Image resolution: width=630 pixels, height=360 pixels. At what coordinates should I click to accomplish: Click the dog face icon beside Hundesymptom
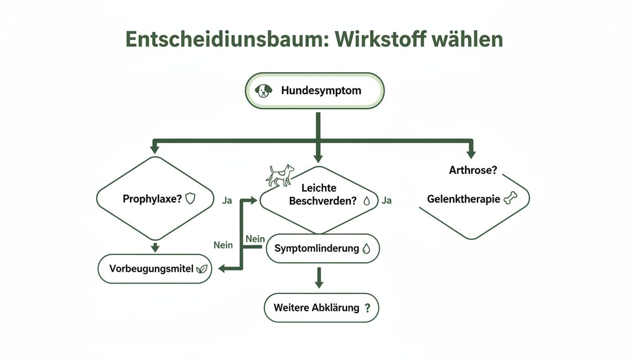264,90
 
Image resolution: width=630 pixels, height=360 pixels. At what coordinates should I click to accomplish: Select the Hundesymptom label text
321,90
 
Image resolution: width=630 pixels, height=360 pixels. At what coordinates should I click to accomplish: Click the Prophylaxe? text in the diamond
152,199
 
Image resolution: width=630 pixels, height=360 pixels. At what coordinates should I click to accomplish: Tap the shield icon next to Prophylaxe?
190,199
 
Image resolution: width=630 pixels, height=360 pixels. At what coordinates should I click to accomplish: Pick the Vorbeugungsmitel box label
151,269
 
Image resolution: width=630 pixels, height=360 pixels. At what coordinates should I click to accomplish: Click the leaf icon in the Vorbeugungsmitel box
202,269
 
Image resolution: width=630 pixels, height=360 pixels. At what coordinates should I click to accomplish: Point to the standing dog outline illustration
280,175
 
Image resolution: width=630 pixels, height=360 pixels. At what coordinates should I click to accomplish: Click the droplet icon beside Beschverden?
367,201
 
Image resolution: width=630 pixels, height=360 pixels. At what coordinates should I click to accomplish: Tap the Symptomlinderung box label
316,248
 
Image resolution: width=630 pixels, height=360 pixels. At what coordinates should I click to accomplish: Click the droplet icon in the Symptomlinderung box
367,249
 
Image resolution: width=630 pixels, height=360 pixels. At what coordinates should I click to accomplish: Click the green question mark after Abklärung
367,308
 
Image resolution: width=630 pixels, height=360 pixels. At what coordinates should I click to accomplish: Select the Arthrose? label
472,170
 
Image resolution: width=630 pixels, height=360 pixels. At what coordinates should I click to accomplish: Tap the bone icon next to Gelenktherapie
509,199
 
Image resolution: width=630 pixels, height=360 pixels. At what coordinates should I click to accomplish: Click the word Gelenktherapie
463,199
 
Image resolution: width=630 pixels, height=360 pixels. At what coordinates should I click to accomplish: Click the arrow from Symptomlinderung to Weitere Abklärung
319,278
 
